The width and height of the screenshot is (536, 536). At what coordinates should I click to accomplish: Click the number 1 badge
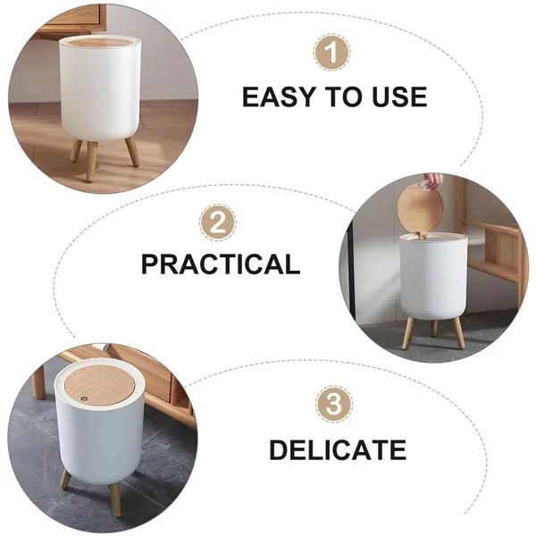click(x=331, y=53)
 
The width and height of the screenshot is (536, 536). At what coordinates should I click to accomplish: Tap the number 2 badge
click(x=218, y=222)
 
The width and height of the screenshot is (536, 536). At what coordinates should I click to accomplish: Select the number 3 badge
click(x=333, y=405)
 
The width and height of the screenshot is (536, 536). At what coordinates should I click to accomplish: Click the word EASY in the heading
click(x=278, y=96)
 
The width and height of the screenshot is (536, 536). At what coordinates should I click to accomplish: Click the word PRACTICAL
click(x=221, y=264)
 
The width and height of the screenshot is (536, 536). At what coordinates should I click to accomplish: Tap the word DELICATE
click(x=338, y=449)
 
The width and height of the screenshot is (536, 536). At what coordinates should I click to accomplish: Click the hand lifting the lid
click(x=433, y=180)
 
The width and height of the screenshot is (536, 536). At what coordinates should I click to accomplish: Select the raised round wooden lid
click(x=421, y=209)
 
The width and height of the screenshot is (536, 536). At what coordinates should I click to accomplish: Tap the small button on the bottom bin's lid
click(x=83, y=398)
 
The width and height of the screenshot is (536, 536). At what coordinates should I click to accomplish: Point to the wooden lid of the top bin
click(x=99, y=42)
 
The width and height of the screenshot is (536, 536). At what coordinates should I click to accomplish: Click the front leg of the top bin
click(x=91, y=160)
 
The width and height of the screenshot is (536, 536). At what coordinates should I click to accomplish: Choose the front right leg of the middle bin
click(x=458, y=332)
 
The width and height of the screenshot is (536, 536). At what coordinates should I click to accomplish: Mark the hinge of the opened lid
click(x=422, y=234)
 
